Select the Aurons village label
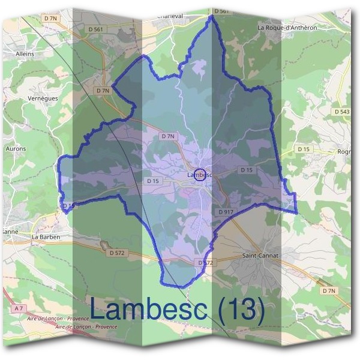pyautogui.click(x=16, y=148)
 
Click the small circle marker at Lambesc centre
pyautogui.click(x=201, y=175)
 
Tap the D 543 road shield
pyautogui.click(x=342, y=112)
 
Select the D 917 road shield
pyautogui.click(x=226, y=212)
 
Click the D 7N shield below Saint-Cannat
pyautogui.click(x=328, y=291)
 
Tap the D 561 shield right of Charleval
pyautogui.click(x=221, y=11)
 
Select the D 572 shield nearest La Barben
pyautogui.click(x=117, y=253)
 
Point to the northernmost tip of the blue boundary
pyautogui.click(x=212, y=16)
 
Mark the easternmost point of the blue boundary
pyautogui.click(x=297, y=212)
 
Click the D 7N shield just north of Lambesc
pyautogui.click(x=169, y=136)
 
